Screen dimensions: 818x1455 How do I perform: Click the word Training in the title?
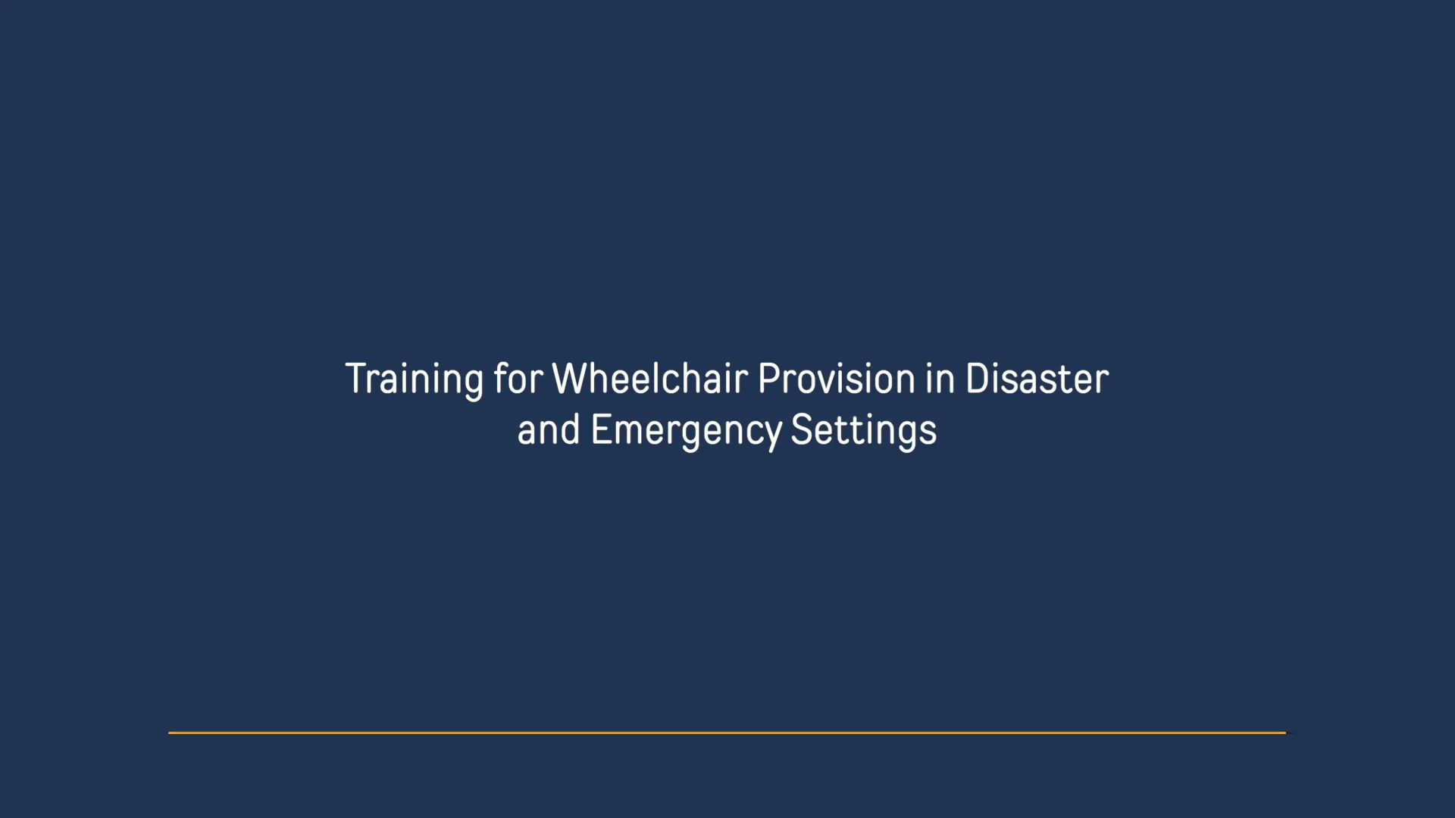click(x=414, y=379)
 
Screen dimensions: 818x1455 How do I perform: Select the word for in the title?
click(x=518, y=379)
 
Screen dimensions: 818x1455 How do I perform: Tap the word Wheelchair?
click(x=650, y=379)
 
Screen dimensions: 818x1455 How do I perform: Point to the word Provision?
click(x=837, y=379)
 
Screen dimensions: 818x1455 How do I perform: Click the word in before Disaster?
click(x=940, y=379)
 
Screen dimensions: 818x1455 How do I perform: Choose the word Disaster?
click(x=1037, y=379)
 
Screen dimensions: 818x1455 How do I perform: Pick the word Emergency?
click(x=686, y=430)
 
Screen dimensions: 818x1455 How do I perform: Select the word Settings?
click(x=864, y=430)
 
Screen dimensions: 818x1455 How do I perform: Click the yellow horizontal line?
click(x=727, y=732)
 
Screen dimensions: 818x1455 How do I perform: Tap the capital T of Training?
click(x=355, y=379)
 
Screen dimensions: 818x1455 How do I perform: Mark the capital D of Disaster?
click(x=976, y=379)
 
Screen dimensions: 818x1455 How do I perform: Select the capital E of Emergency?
click(x=599, y=429)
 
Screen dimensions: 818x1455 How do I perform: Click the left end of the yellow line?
click(x=171, y=732)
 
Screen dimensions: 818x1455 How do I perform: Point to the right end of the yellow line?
click(x=1284, y=732)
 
